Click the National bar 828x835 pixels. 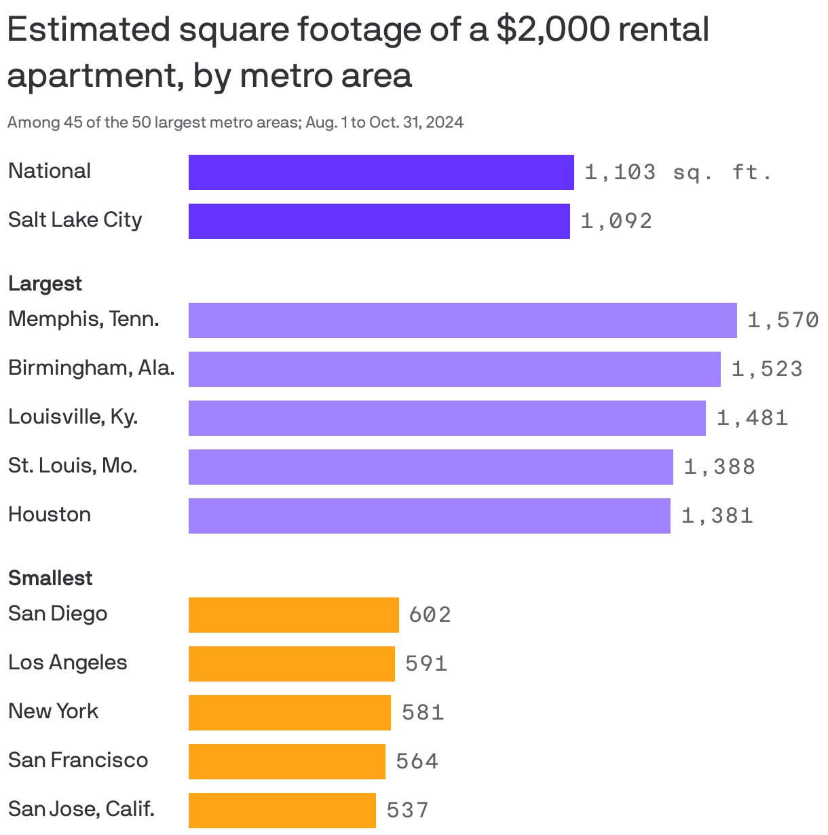tap(381, 172)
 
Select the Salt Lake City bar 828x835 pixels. tap(379, 221)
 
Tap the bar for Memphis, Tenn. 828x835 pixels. tap(462, 320)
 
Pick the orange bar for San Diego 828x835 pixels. tap(293, 615)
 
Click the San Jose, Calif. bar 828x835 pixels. tap(282, 811)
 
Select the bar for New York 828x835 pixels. tap(289, 713)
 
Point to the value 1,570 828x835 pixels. tap(783, 320)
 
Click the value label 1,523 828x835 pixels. tap(767, 369)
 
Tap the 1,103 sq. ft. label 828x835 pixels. tap(678, 172)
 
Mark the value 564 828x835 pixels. tap(417, 762)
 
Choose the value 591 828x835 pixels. tap(426, 664)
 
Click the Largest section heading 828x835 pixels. tap(45, 284)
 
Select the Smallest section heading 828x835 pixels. tap(50, 578)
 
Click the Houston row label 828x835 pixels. tap(50, 515)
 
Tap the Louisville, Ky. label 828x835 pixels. tap(73, 417)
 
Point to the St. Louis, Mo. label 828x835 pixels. tap(73, 466)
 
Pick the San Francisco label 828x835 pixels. tap(78, 760)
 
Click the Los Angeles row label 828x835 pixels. tap(67, 663)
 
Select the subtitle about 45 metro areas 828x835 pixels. tap(235, 123)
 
